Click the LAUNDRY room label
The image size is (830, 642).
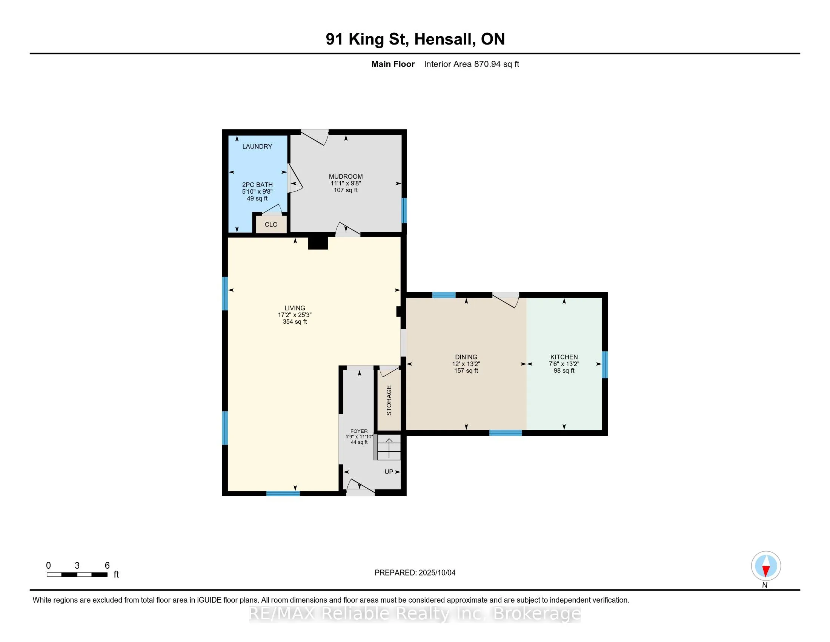click(x=257, y=147)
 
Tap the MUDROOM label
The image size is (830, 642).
click(x=346, y=176)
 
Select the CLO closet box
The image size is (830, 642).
click(x=271, y=224)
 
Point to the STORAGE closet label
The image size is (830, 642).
click(x=389, y=400)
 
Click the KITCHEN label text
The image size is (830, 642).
click(x=564, y=357)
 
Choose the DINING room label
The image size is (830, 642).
click(x=466, y=357)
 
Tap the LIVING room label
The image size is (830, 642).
click(x=295, y=308)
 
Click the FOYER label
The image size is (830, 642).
click(x=359, y=431)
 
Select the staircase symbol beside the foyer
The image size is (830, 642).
click(x=387, y=447)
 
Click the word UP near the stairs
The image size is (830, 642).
click(x=389, y=472)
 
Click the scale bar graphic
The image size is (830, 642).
click(x=77, y=575)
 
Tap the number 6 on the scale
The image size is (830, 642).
click(x=107, y=566)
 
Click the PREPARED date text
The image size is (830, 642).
click(x=415, y=573)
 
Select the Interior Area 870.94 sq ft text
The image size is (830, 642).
click(x=471, y=64)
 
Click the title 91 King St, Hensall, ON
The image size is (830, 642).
click(x=415, y=39)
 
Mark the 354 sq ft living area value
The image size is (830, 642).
click(x=295, y=322)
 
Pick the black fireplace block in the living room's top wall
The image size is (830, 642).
click(x=318, y=243)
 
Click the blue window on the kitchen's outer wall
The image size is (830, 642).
click(x=605, y=364)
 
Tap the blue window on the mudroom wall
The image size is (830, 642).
click(x=404, y=210)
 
